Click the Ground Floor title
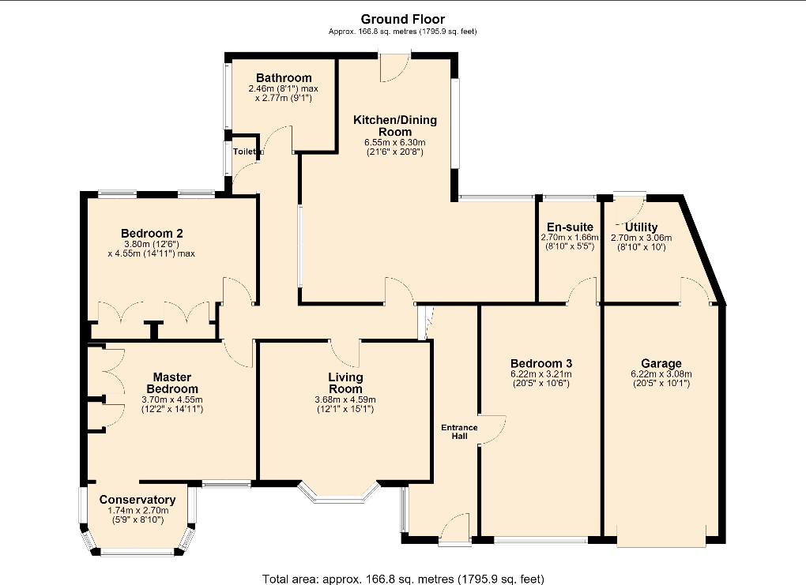click(402, 20)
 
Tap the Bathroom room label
click(284, 78)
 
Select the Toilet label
click(244, 152)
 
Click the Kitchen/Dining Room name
click(395, 126)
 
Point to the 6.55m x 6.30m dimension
click(395, 142)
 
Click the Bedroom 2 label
click(152, 233)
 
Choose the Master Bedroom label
click(171, 383)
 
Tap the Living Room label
click(345, 383)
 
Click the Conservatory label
click(137, 500)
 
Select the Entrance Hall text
click(460, 431)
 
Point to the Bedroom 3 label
click(541, 364)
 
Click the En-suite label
click(570, 227)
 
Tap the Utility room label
click(641, 227)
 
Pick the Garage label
click(661, 364)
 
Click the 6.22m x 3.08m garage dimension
click(661, 374)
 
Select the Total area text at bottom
click(403, 579)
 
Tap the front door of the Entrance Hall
click(455, 527)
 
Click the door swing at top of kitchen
click(395, 67)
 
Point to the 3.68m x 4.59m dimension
click(345, 399)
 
